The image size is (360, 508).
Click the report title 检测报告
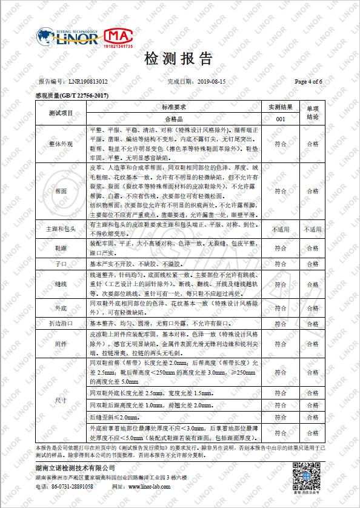[x=179, y=59]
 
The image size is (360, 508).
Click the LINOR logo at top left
[x=68, y=38]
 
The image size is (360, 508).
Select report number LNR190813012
[x=88, y=81]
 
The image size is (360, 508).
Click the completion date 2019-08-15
[x=212, y=81]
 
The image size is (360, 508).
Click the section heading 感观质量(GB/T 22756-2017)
[x=72, y=95]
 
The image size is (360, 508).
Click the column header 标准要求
[x=173, y=107]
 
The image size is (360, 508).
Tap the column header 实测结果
[x=281, y=107]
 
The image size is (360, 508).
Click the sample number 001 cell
[x=281, y=119]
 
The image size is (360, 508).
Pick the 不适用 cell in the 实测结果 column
[x=281, y=230]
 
